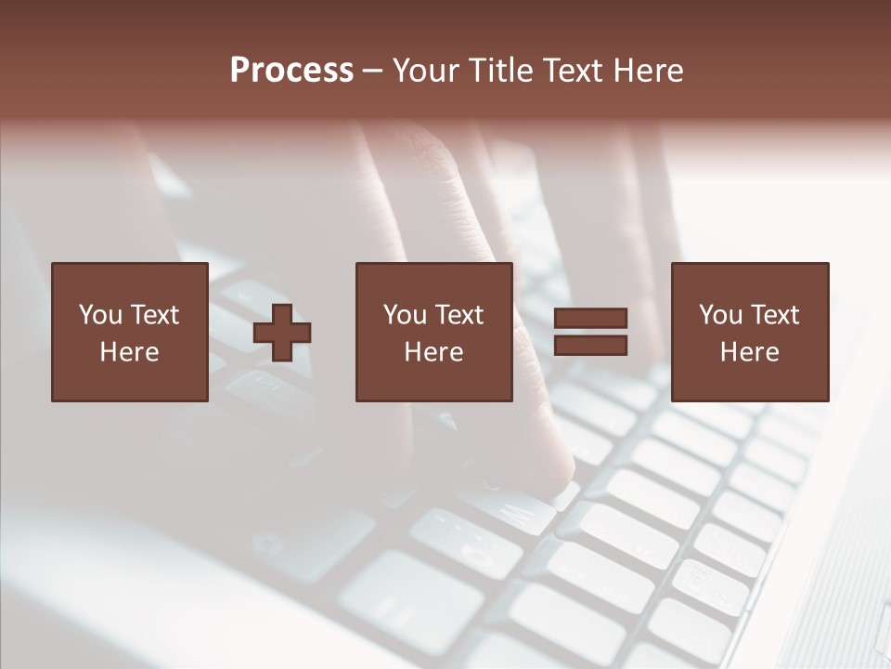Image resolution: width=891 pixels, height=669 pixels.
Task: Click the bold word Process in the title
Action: coord(291,71)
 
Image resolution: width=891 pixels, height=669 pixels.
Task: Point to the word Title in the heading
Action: coord(501,71)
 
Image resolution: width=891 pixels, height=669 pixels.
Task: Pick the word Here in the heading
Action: coord(650,71)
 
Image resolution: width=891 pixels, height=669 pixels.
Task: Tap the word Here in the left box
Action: coord(129,352)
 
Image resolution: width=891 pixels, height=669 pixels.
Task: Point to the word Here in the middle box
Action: coord(433,352)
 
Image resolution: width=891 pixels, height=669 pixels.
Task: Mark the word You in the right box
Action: coord(721,315)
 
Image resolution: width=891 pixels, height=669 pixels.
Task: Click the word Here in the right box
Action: coord(749,352)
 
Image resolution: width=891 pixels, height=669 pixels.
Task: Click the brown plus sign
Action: coord(282,332)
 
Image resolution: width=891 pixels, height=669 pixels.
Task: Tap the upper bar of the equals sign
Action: coord(590,319)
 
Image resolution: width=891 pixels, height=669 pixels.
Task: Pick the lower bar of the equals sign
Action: coord(590,346)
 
